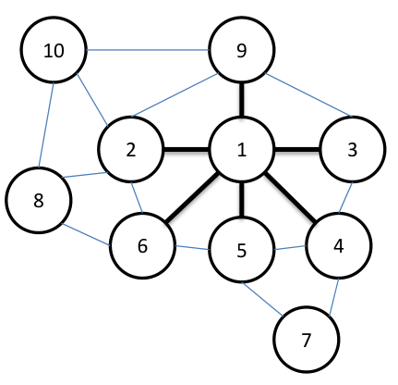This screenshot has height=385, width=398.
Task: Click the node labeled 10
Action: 54,50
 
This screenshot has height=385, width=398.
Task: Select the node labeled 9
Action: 242,50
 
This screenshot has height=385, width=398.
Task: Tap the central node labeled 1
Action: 242,150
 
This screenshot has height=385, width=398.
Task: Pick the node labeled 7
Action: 307,340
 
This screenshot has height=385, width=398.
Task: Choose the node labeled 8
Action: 39,200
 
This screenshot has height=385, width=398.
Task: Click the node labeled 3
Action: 353,149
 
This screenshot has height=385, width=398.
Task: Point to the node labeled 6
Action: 142,245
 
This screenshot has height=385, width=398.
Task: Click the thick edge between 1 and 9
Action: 242,100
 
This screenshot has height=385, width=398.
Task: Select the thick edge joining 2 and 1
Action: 186,150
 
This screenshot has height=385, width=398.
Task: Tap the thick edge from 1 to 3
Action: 297,150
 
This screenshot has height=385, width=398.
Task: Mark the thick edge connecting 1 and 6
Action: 192,197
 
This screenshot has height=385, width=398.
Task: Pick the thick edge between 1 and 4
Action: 291,197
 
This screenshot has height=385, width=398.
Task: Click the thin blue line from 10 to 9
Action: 148,50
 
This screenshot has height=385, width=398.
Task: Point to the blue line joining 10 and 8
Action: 46,125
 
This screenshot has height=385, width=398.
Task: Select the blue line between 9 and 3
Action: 308,95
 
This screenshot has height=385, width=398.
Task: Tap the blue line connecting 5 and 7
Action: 262,299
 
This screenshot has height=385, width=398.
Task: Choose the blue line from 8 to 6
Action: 86,234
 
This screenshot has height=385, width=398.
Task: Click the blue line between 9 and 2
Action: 175,95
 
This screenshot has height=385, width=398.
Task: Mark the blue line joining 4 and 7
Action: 334,297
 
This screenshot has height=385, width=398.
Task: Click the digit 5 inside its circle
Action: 242,250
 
